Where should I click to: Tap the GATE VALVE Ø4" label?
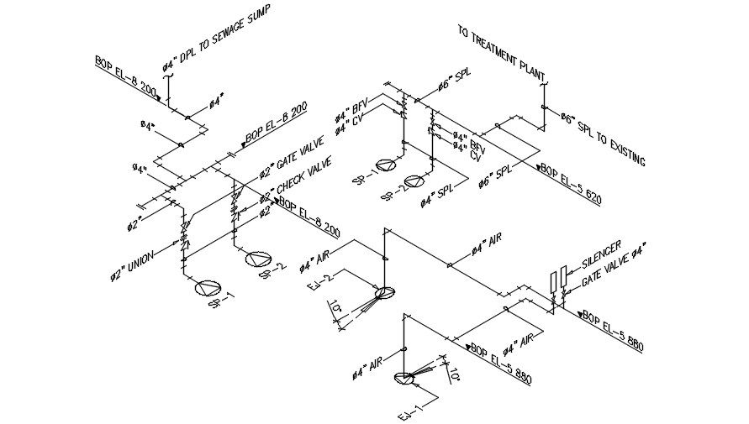click(615, 264)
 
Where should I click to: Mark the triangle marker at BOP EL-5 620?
click(539, 165)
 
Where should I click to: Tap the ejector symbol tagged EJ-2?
click(384, 293)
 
